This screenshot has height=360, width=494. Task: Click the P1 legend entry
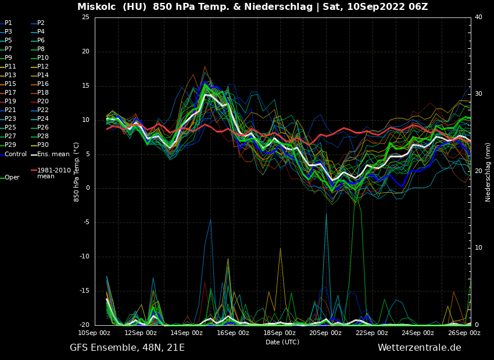pyautogui.click(x=8, y=23)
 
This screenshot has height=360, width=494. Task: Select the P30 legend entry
pyautogui.click(x=43, y=145)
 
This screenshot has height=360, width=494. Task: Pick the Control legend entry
pyautogui.click(x=16, y=154)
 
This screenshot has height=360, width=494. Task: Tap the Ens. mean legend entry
pyautogui.click(x=53, y=154)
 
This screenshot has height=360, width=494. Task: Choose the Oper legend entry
pyautogui.click(x=12, y=178)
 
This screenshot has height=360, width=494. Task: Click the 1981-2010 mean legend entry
pyautogui.click(x=53, y=173)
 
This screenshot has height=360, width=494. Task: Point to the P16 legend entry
pyautogui.click(x=43, y=84)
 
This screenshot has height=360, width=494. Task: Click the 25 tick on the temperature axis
pyautogui.click(x=85, y=17)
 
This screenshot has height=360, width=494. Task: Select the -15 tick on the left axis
pyautogui.click(x=84, y=291)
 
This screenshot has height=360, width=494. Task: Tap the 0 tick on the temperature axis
pyautogui.click(x=87, y=188)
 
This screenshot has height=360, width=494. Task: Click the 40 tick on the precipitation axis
pyautogui.click(x=478, y=17)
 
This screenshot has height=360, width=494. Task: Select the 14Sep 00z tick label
pyautogui.click(x=187, y=333)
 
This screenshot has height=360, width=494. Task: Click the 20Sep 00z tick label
pyautogui.click(x=325, y=333)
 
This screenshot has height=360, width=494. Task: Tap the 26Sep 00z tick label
pyautogui.click(x=464, y=333)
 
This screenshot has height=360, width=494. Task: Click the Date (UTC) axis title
pyautogui.click(x=282, y=342)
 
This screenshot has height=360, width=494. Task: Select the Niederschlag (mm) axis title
pyautogui.click(x=488, y=172)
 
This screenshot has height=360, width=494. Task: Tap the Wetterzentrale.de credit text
pyautogui.click(x=419, y=348)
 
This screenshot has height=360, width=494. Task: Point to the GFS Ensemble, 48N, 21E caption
pyautogui.click(x=127, y=348)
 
